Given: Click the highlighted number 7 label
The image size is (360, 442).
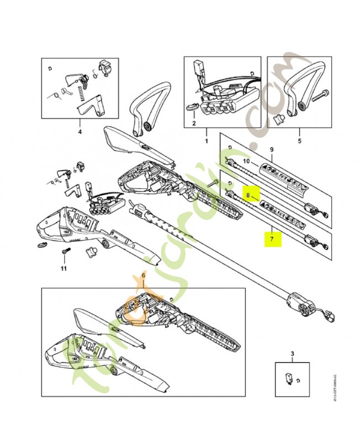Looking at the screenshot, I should click(271, 240).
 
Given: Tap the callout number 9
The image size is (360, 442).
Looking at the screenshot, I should click(271, 150).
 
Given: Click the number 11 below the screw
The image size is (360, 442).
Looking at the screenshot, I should click(63, 269).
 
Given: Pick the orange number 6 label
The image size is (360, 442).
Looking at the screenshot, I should click(143, 275).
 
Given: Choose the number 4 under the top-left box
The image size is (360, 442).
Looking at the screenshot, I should click(80, 133).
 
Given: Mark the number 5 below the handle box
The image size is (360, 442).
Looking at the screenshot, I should click(299, 133).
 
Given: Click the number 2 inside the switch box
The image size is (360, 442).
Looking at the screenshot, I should click(194, 124).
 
